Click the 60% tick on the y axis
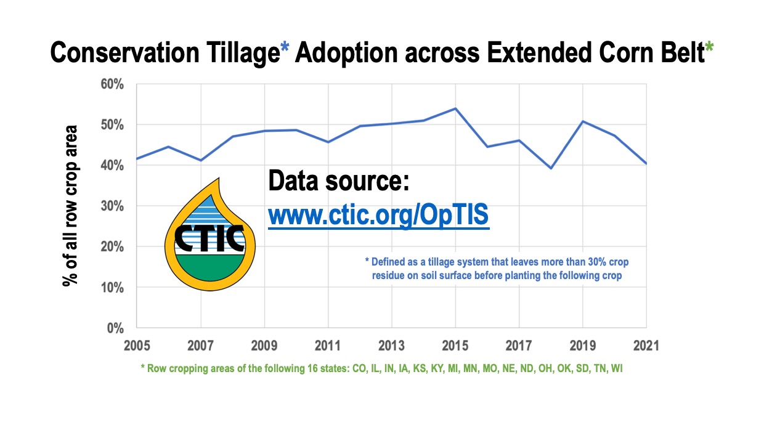pyautogui.click(x=112, y=84)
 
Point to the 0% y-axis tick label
pyautogui.click(x=115, y=328)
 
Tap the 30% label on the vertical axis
pyautogui.click(x=112, y=206)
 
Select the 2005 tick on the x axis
pyautogui.click(x=136, y=345)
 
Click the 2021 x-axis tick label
pyautogui.click(x=646, y=345)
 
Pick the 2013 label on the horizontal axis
pyautogui.click(x=391, y=345)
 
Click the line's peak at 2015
pyautogui.click(x=455, y=108)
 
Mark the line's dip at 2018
pyautogui.click(x=550, y=168)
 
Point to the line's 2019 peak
pyautogui.click(x=582, y=121)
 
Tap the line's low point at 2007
pyautogui.click(x=200, y=160)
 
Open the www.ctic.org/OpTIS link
pyautogui.click(x=378, y=216)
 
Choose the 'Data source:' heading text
pyautogui.click(x=338, y=183)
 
